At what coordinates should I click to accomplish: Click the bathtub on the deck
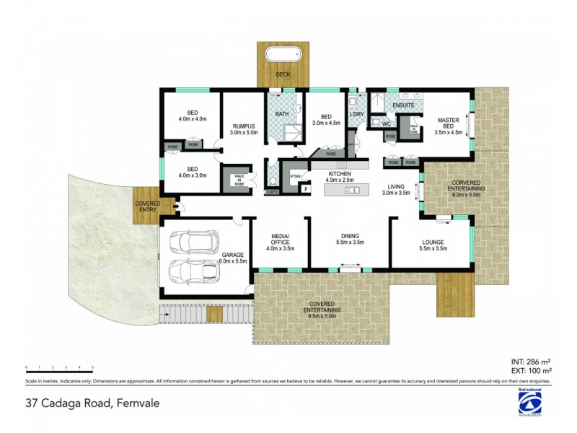pyautogui.click(x=284, y=55)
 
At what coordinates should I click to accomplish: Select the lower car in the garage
pyautogui.click(x=193, y=271)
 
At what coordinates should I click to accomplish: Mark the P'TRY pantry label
pyautogui.click(x=296, y=176)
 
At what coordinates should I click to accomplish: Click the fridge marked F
pyautogui.click(x=304, y=189)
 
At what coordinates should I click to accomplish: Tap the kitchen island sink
pyautogui.click(x=353, y=190)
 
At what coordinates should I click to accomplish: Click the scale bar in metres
pyautogui.click(x=58, y=369)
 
